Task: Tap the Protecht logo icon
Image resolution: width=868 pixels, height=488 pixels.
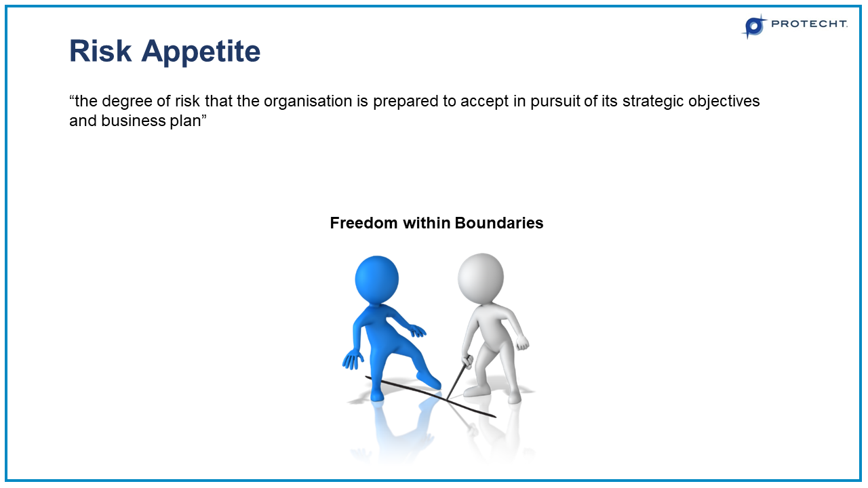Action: coord(753,26)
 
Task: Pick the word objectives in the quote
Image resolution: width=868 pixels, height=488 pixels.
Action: coord(723,102)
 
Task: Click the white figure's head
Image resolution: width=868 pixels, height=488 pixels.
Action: coord(480,277)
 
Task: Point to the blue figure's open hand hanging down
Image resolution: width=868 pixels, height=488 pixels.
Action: coord(353,359)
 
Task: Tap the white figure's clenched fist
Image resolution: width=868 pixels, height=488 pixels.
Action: coord(521,342)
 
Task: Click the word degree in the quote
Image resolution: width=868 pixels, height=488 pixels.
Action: coord(125,102)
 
